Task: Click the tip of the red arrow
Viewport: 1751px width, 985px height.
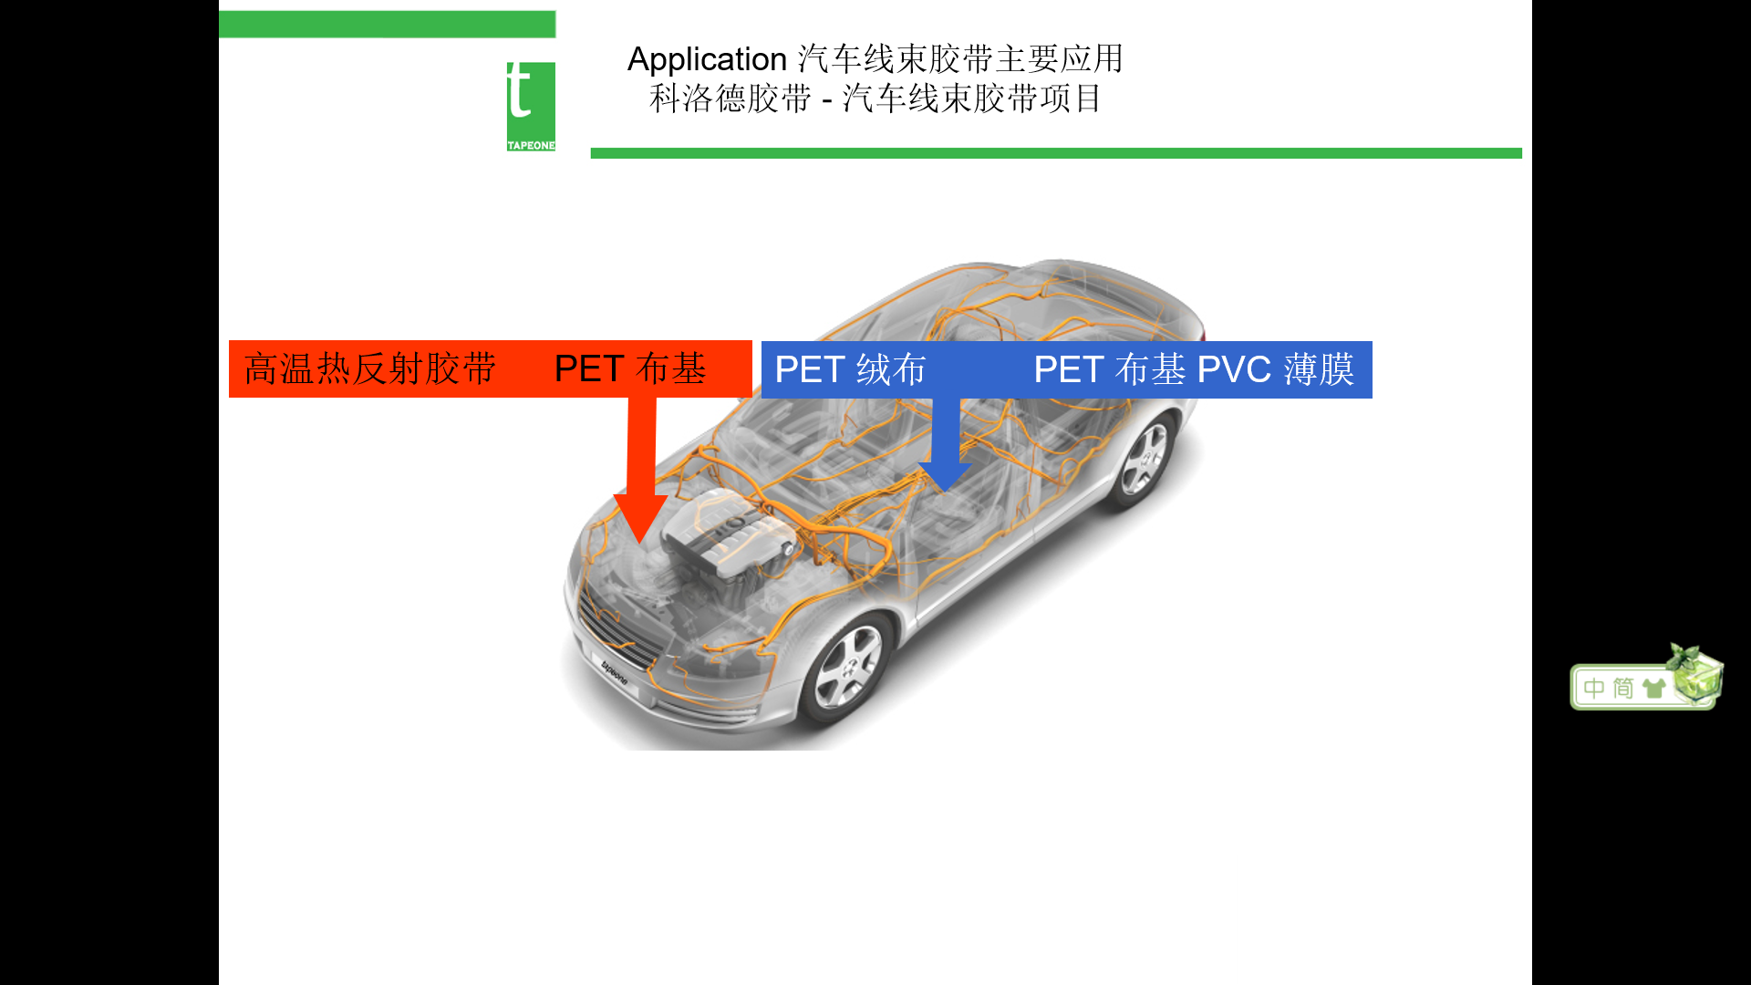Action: pyautogui.click(x=640, y=544)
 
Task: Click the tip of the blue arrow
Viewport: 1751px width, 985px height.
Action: pyautogui.click(x=946, y=493)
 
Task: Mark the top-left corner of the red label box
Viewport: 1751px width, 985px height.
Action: pyautogui.click(x=229, y=341)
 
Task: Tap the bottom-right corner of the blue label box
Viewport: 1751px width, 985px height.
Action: pyautogui.click(x=1373, y=399)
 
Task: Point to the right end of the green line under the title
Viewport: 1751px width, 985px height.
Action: pyautogui.click(x=1522, y=153)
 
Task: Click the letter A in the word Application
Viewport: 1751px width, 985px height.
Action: pyautogui.click(x=638, y=59)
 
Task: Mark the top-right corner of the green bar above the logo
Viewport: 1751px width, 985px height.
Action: pyautogui.click(x=556, y=11)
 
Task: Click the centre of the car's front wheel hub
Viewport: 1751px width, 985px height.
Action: pyautogui.click(x=847, y=669)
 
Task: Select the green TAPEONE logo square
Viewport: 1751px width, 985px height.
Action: pyautogui.click(x=531, y=107)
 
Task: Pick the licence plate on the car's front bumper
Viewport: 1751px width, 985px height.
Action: pyautogui.click(x=613, y=672)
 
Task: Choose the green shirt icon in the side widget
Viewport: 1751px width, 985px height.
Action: pyautogui.click(x=1653, y=688)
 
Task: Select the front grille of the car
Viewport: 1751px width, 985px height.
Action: pyautogui.click(x=620, y=629)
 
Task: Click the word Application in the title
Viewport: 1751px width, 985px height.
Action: pyautogui.click(x=707, y=60)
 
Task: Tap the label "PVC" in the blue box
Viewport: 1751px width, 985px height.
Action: pyautogui.click(x=1234, y=370)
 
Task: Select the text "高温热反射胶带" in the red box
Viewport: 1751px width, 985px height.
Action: pyautogui.click(x=370, y=369)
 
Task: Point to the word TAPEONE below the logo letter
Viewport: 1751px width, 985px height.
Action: pyautogui.click(x=531, y=146)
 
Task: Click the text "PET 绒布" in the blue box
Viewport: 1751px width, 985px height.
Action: pyautogui.click(x=850, y=370)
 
